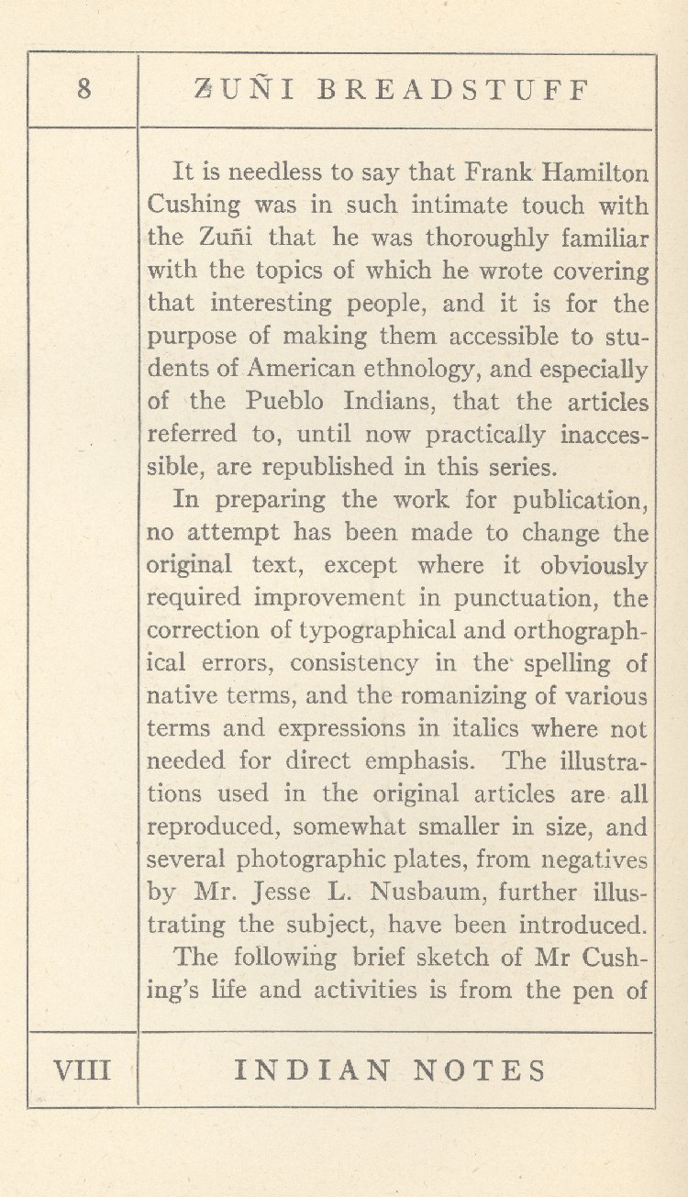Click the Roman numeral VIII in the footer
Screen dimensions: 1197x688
click(83, 1070)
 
